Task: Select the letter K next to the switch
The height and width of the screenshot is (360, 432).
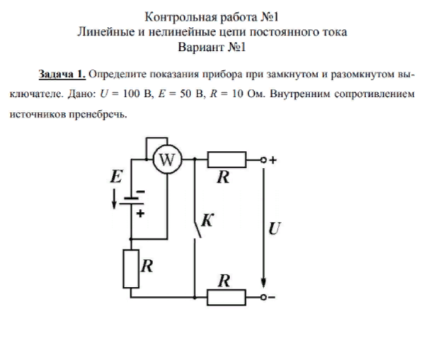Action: [x=206, y=220]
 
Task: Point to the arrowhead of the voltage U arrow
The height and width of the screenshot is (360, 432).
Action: [x=263, y=283]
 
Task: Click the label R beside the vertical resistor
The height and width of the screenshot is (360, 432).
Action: [x=147, y=266]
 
